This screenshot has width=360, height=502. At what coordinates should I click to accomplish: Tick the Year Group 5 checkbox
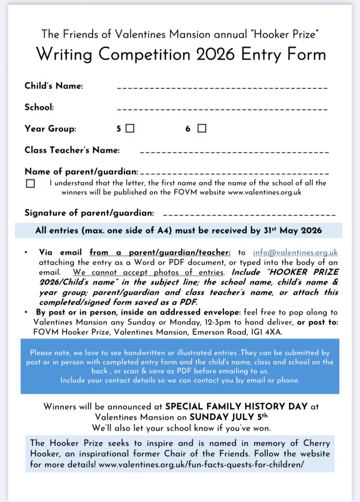pyautogui.click(x=130, y=129)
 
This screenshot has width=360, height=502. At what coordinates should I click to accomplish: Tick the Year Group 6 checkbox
pyautogui.click(x=202, y=129)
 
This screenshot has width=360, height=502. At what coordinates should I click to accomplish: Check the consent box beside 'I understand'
pyautogui.click(x=31, y=184)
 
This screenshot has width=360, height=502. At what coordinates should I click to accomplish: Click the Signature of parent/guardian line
pyautogui.click(x=249, y=215)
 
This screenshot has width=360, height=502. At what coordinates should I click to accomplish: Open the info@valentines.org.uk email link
pyautogui.click(x=295, y=253)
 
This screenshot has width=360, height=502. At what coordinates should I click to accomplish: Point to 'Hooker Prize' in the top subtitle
pyautogui.click(x=291, y=34)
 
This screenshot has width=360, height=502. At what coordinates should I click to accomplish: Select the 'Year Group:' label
pyautogui.click(x=51, y=129)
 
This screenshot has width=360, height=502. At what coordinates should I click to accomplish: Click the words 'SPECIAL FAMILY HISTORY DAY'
pyautogui.click(x=237, y=407)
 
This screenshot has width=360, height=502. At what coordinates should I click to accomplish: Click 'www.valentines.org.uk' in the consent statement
pyautogui.click(x=264, y=192)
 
